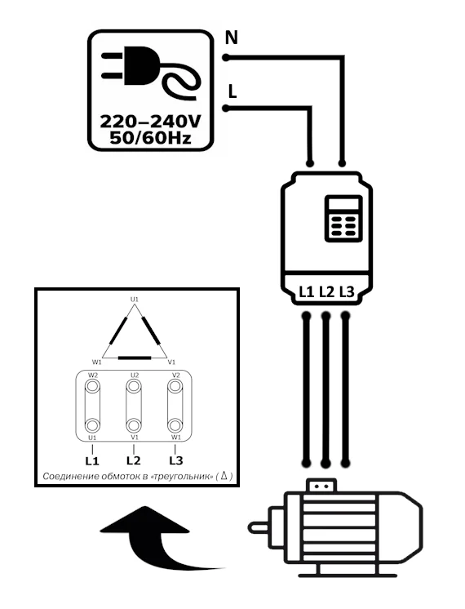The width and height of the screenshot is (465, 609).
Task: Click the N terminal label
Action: (x=232, y=38)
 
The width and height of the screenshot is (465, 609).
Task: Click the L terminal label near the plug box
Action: (x=232, y=92)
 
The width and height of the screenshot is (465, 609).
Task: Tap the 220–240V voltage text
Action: (x=151, y=122)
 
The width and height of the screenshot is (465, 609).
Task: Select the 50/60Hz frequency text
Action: (x=151, y=138)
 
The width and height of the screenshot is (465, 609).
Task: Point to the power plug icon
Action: (x=151, y=72)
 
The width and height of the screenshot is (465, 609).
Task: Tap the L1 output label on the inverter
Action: (x=306, y=291)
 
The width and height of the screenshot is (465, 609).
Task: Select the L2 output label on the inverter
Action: (x=326, y=291)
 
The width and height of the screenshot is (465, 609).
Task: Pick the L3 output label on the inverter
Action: (x=347, y=291)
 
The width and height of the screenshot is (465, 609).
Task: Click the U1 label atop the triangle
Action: (x=135, y=300)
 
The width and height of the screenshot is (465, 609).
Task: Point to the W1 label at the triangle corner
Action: (x=96, y=362)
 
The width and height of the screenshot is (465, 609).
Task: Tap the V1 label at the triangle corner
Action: (x=171, y=362)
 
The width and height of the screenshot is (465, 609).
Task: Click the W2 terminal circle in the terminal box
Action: (x=92, y=386)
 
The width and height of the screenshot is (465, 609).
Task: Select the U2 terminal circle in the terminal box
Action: (x=134, y=386)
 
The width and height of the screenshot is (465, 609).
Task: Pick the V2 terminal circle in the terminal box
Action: (x=175, y=386)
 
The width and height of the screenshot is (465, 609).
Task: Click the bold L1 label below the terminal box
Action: (x=92, y=461)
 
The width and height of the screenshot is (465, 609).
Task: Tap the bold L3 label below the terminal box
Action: (x=176, y=460)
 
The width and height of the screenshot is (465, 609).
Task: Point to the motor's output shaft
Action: (x=259, y=527)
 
